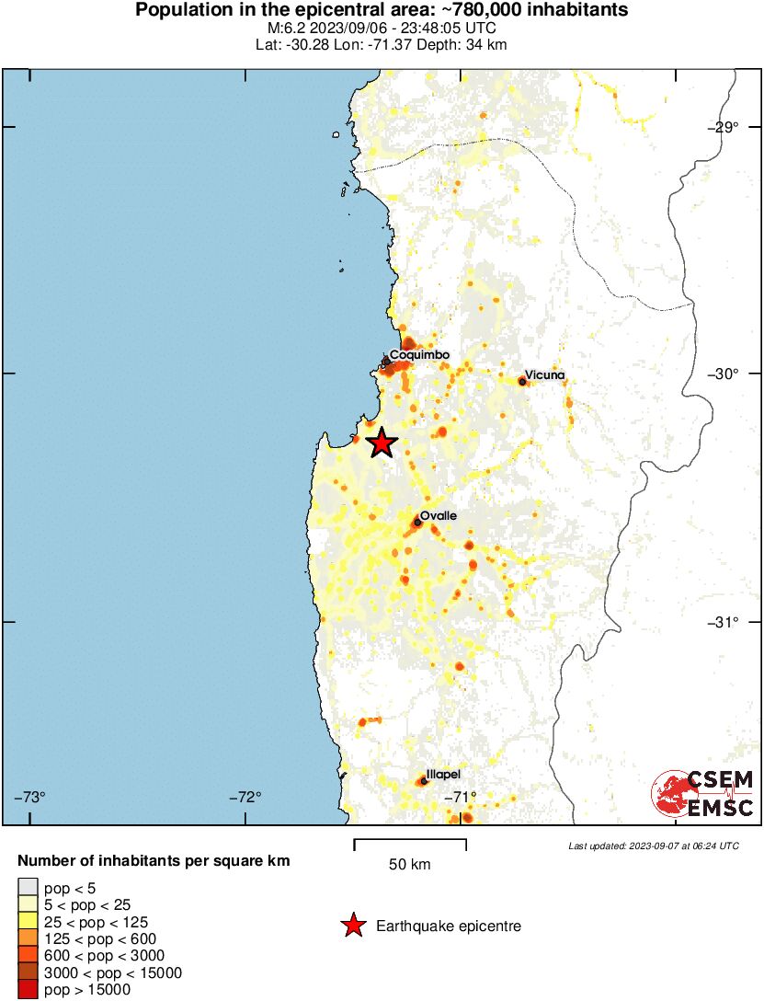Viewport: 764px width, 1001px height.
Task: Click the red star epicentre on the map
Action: coord(382,443)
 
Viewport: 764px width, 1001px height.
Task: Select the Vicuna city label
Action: coord(544,376)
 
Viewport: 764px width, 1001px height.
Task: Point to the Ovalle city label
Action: coord(439,516)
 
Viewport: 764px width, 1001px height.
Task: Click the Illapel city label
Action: coord(443,775)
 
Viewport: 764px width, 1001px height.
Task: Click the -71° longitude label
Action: coord(459,797)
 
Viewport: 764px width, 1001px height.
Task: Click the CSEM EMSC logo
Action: coord(702,794)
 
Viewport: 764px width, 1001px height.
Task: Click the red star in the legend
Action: coord(352,926)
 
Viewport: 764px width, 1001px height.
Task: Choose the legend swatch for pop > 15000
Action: coord(28,990)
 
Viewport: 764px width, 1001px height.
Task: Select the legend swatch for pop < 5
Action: coord(28,887)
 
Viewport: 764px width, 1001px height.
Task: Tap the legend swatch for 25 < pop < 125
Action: coord(28,921)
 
